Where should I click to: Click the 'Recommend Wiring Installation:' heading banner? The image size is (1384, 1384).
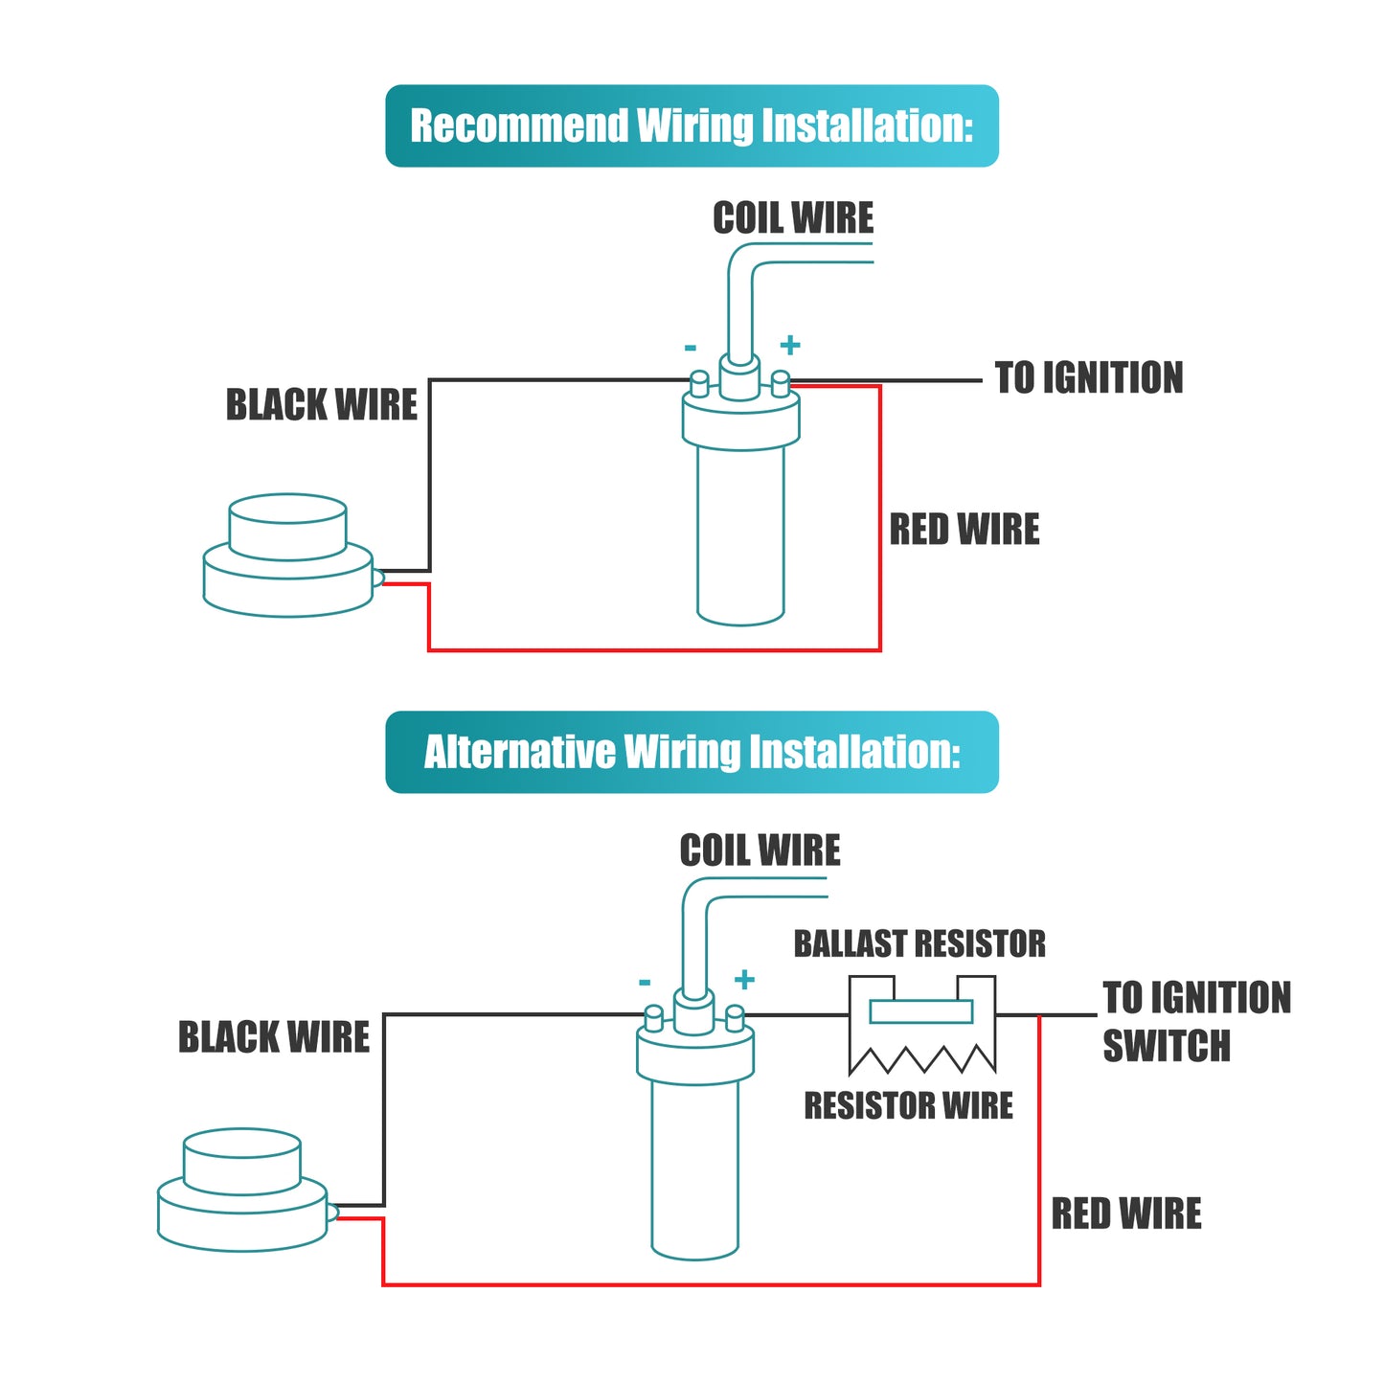(x=691, y=125)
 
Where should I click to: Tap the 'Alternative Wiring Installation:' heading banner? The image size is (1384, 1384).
(x=691, y=752)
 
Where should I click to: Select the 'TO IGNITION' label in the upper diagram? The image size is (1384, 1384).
(x=1088, y=377)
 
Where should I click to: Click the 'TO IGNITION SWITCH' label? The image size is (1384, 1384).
(x=1196, y=1021)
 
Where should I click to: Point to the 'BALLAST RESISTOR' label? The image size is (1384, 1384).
(x=919, y=943)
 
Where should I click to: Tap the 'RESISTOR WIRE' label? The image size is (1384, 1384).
(x=908, y=1104)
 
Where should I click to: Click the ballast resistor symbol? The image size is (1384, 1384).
(x=922, y=1025)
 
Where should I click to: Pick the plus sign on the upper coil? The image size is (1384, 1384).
(x=790, y=346)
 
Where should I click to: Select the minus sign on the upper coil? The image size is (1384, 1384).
(x=691, y=349)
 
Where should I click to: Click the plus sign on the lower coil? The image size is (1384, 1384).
(x=745, y=979)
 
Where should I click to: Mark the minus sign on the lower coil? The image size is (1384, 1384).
(x=645, y=982)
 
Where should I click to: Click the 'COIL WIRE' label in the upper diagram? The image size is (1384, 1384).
(x=793, y=217)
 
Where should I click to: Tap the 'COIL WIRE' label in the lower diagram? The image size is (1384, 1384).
(x=760, y=851)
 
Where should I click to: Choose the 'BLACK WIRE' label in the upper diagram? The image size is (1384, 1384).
(x=321, y=404)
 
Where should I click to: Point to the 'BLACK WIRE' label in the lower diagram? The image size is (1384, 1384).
(x=274, y=1037)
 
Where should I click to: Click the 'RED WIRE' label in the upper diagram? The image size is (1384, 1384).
(x=964, y=530)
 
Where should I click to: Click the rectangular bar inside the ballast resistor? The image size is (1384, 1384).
(x=920, y=1012)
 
